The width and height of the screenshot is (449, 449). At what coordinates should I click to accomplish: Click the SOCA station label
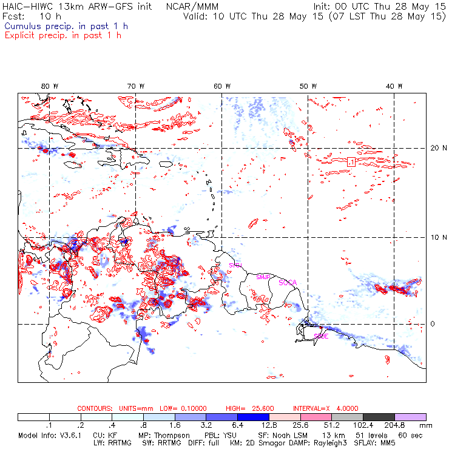pos(288,283)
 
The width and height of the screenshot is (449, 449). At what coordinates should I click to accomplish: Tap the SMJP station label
pos(263,277)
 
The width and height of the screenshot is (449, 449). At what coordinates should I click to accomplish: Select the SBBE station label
pos(321,336)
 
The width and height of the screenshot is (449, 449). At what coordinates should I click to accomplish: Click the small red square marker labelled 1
pos(351,161)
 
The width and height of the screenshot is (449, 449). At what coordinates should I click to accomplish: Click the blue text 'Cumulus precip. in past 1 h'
pos(66,26)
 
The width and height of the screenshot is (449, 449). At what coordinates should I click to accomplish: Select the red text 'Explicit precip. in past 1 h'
pos(62,35)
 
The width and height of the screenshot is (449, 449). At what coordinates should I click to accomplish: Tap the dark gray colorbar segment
pos(384,417)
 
